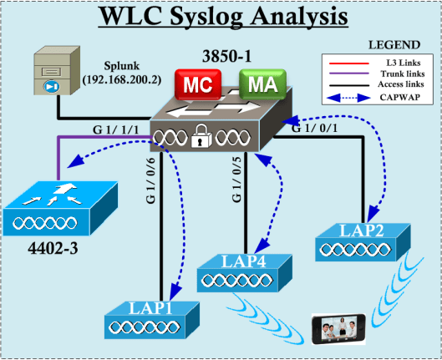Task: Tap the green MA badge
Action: click(262, 86)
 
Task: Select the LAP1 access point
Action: click(153, 318)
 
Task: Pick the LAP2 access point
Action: click(365, 239)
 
